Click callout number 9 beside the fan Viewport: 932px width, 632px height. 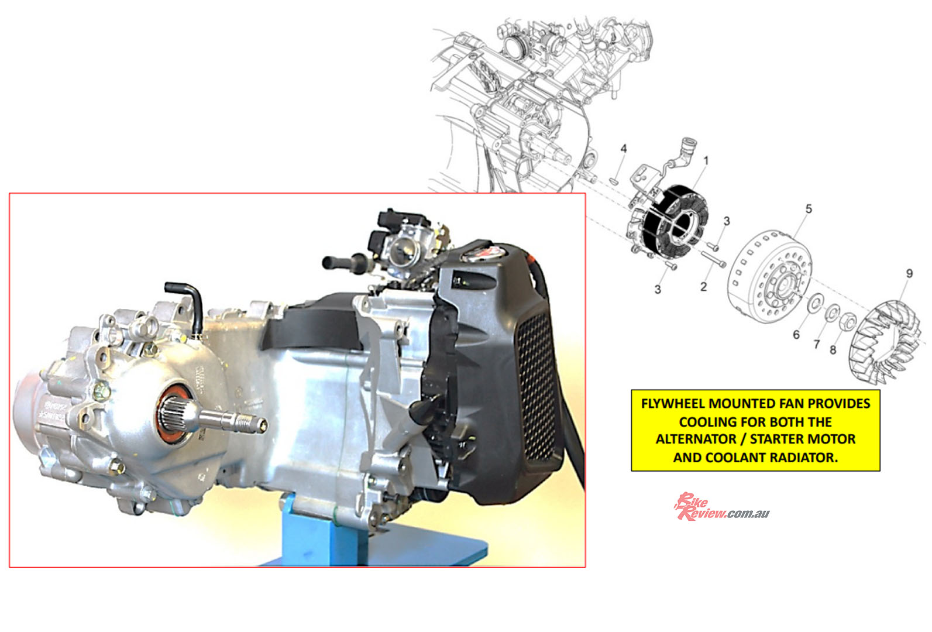(909, 274)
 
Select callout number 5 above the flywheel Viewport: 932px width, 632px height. (809, 209)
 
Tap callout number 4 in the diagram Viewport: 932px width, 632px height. (623, 149)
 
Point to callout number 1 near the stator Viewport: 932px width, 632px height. (706, 160)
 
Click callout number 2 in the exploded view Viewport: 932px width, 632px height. (703, 287)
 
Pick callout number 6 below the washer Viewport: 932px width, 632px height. (796, 335)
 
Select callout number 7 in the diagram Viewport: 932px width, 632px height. (816, 345)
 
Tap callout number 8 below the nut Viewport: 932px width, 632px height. (833, 350)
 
